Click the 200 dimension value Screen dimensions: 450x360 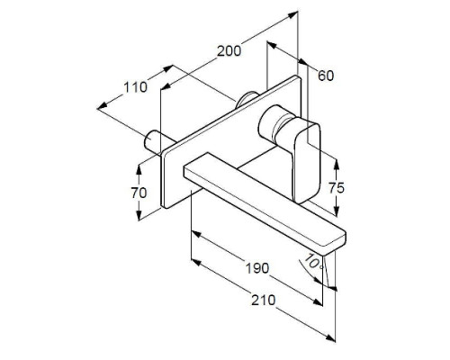tap(229, 51)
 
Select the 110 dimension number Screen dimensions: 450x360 tap(136, 87)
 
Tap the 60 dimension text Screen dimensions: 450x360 tap(326, 76)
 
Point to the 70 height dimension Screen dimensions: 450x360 tap(139, 193)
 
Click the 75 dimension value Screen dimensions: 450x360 tap(337, 188)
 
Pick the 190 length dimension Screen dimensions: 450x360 tap(257, 268)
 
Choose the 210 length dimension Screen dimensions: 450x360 tap(263, 300)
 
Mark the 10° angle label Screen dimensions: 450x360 tap(314, 261)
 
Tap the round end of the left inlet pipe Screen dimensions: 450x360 tap(149, 139)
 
